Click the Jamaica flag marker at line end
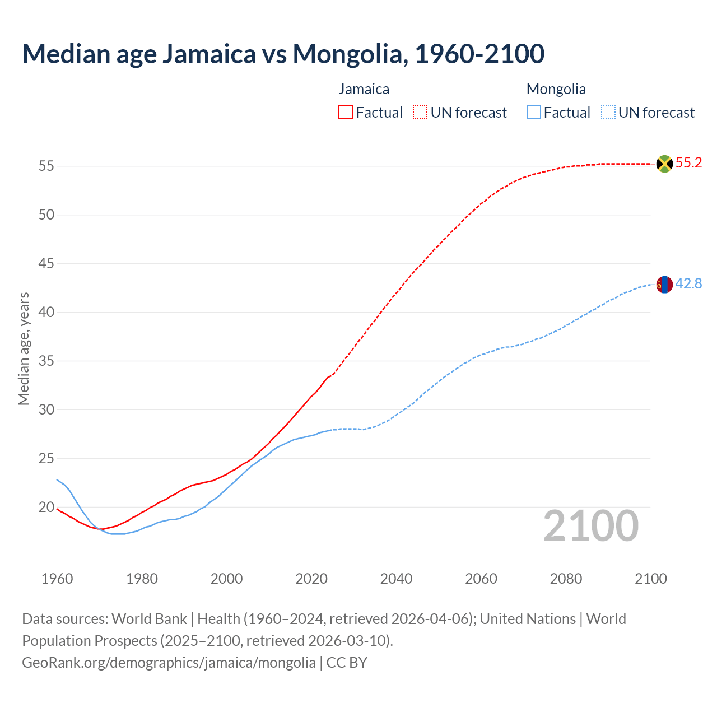(x=664, y=164)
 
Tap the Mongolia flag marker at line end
(x=664, y=285)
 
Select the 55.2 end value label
(x=688, y=163)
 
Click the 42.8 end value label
(x=688, y=284)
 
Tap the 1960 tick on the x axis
(x=57, y=579)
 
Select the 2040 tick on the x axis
(x=396, y=579)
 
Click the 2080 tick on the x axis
(x=566, y=579)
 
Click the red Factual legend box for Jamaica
(x=346, y=113)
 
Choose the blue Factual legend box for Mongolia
(x=534, y=113)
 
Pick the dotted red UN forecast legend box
(x=420, y=113)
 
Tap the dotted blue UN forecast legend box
(x=608, y=113)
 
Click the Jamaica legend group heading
(x=364, y=89)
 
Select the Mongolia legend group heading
(x=556, y=89)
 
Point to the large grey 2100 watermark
(x=590, y=526)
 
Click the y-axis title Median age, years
(x=24, y=348)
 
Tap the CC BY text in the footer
(x=347, y=663)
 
